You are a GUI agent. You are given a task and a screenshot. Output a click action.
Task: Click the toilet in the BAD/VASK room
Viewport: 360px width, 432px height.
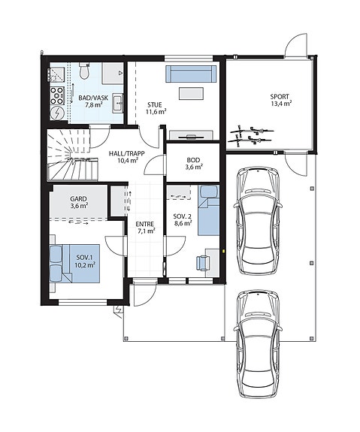pyautogui.click(x=84, y=71)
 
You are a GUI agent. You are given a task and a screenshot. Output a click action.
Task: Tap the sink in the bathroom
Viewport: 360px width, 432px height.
pyautogui.click(x=118, y=104)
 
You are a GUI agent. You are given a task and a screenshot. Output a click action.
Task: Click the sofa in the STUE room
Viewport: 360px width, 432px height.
pyautogui.click(x=191, y=74)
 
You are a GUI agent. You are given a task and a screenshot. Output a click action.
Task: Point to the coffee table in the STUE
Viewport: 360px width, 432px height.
pyautogui.click(x=192, y=93)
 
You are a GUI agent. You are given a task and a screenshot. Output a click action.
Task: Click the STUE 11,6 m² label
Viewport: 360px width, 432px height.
pyautogui.click(x=156, y=108)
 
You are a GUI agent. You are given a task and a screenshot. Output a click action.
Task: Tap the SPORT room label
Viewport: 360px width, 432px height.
pyautogui.click(x=280, y=100)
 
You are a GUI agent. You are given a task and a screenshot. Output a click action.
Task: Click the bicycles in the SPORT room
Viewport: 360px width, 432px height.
pyautogui.click(x=251, y=134)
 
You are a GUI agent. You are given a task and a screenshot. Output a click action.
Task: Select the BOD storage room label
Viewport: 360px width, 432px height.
pyautogui.click(x=193, y=163)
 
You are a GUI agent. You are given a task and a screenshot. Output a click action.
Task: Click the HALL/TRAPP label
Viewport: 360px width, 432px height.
pyautogui.click(x=126, y=157)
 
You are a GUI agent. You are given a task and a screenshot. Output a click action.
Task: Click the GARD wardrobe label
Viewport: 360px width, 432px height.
pyautogui.click(x=79, y=202)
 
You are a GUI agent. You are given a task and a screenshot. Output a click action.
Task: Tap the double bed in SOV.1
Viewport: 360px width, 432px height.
pyautogui.click(x=74, y=264)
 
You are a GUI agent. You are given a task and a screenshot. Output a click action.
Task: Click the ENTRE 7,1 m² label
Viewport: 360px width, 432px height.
pyautogui.click(x=145, y=228)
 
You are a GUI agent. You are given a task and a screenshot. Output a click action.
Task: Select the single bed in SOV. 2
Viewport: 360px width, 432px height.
pyautogui.click(x=209, y=210)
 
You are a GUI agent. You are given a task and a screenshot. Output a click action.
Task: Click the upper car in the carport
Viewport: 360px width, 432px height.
pyautogui.click(x=258, y=221)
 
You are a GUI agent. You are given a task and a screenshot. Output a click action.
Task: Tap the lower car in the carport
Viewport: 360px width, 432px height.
pyautogui.click(x=258, y=344)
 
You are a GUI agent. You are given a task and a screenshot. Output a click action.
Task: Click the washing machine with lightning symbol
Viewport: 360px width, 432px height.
pyautogui.click(x=58, y=113)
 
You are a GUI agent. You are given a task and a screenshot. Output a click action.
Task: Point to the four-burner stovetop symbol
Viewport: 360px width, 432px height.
pyautogui.click(x=57, y=95)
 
